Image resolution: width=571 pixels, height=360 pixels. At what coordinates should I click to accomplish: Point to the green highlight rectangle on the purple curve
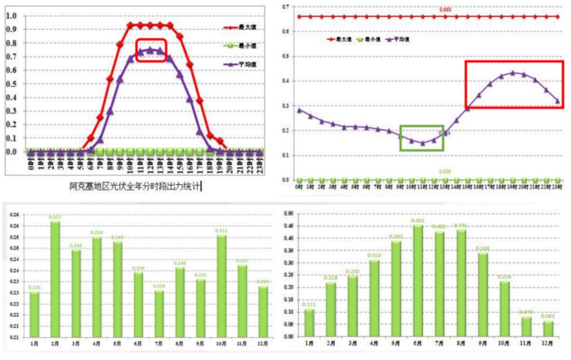[422, 137]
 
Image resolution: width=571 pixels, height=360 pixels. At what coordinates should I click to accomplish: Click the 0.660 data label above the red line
[445, 10]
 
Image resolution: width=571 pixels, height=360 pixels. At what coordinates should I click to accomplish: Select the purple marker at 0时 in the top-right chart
[299, 110]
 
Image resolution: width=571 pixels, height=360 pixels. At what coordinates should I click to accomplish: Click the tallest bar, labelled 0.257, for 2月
[55, 278]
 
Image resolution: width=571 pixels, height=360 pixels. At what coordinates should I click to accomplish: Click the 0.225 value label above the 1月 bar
[35, 288]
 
